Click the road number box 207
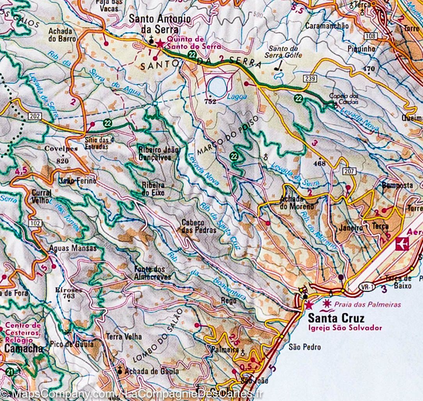pos(348,171)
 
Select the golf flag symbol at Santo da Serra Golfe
pos(279,67)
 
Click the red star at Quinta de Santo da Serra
pos(160,44)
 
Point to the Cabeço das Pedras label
pos(199,226)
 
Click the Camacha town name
pos(24,348)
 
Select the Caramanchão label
pos(327,26)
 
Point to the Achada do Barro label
pos(60,35)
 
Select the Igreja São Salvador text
pos(345,328)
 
